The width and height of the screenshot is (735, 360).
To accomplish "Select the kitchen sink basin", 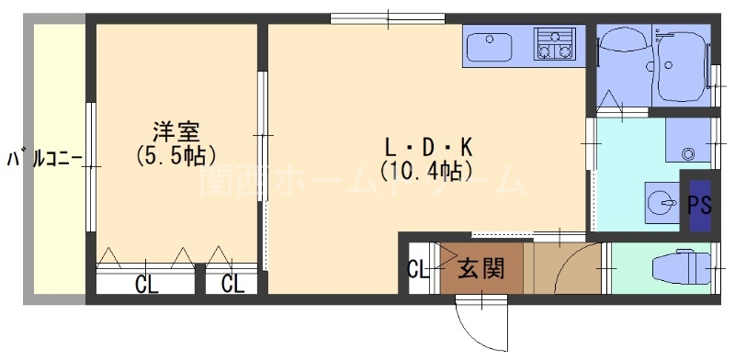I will click(x=491, y=43).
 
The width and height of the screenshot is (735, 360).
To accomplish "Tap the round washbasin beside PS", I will click(x=659, y=201).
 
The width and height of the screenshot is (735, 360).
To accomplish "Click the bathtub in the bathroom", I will click(x=681, y=65).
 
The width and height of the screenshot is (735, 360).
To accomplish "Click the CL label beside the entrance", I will click(x=417, y=270).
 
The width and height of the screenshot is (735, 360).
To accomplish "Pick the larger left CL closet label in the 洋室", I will click(x=146, y=284).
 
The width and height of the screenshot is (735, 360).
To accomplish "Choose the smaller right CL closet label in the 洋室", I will click(x=232, y=284).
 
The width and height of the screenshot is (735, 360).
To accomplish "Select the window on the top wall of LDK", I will click(x=389, y=16).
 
